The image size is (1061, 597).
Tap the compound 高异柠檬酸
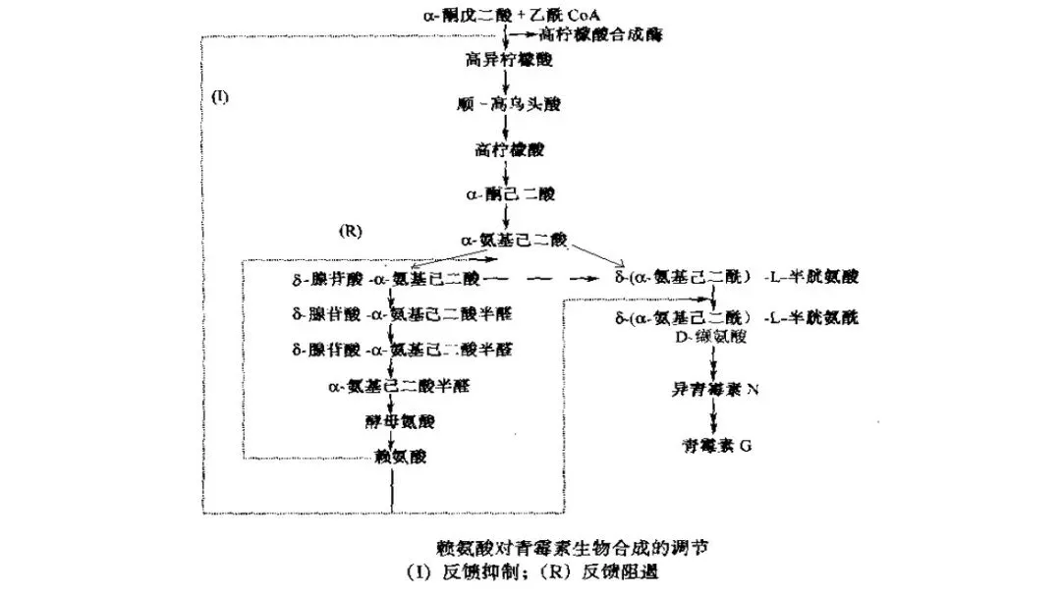coord(508,59)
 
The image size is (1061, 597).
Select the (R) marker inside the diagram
coord(351,233)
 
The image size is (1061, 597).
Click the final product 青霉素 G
coord(716,446)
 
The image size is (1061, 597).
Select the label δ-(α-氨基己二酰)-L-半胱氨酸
coord(736,277)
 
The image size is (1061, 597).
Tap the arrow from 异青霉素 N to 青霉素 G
coord(716,418)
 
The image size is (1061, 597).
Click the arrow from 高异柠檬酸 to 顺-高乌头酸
coord(505,81)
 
